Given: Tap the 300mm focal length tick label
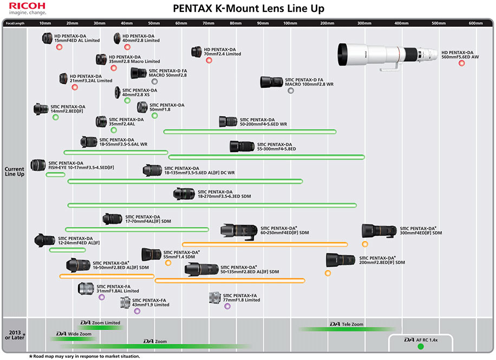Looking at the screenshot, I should [x=364, y=23].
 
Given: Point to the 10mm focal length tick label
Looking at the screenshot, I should [x=45, y=23].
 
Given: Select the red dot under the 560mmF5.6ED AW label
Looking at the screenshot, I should [x=461, y=63].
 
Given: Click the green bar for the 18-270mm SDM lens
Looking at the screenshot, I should [x=212, y=205].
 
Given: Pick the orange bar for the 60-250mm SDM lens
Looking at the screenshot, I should [x=265, y=244].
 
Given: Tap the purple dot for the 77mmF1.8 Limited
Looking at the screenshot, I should [x=227, y=306].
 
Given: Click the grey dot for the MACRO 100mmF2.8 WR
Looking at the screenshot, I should [x=291, y=91].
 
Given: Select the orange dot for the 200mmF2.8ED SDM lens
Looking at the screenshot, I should [x=328, y=273].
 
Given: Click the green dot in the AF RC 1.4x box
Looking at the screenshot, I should [x=420, y=347].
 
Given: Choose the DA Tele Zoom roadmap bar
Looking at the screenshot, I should [x=347, y=329].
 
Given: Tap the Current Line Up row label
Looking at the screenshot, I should [x=14, y=172].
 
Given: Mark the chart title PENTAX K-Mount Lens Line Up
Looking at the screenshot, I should [x=249, y=9].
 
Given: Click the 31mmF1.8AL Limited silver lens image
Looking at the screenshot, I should [x=86, y=289].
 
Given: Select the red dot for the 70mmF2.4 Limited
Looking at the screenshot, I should [x=209, y=60].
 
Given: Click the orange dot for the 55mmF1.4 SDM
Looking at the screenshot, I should [x=168, y=263].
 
